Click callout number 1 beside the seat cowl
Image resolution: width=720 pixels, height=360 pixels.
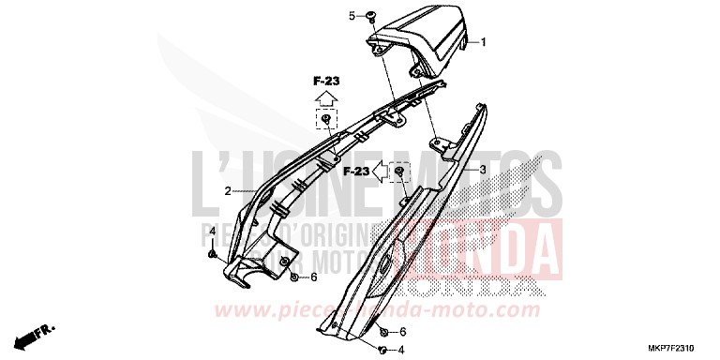pyautogui.click(x=485, y=42)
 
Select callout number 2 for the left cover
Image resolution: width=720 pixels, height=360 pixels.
pyautogui.click(x=227, y=190)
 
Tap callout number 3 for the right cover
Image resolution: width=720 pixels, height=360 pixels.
pyautogui.click(x=483, y=170)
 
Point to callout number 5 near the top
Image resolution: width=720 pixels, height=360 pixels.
pyautogui.click(x=352, y=16)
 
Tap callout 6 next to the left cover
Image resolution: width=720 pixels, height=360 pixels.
pyautogui.click(x=313, y=277)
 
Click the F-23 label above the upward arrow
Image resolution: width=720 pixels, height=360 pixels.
pyautogui.click(x=323, y=82)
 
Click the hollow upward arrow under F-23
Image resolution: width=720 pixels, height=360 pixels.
pyautogui.click(x=323, y=99)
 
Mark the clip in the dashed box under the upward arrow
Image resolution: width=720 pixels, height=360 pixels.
pyautogui.click(x=324, y=120)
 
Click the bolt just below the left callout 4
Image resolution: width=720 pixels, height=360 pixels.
pyautogui.click(x=213, y=253)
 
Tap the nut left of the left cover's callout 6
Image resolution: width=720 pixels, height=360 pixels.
pyautogui.click(x=295, y=277)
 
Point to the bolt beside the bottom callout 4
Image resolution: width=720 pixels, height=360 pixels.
pyautogui.click(x=382, y=351)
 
